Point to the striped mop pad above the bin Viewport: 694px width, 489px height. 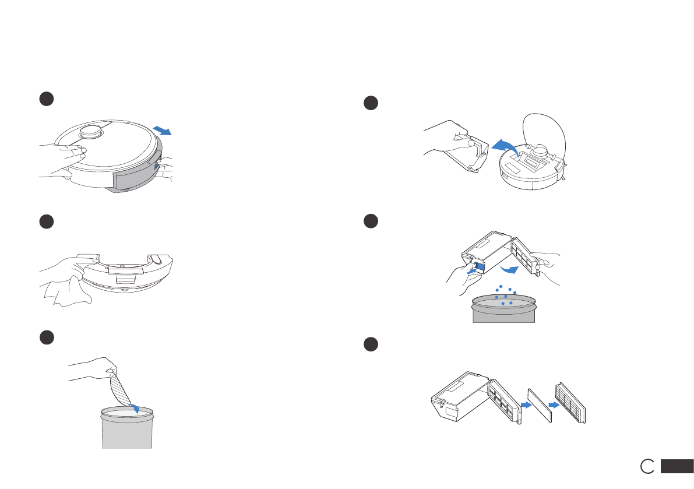121,389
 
